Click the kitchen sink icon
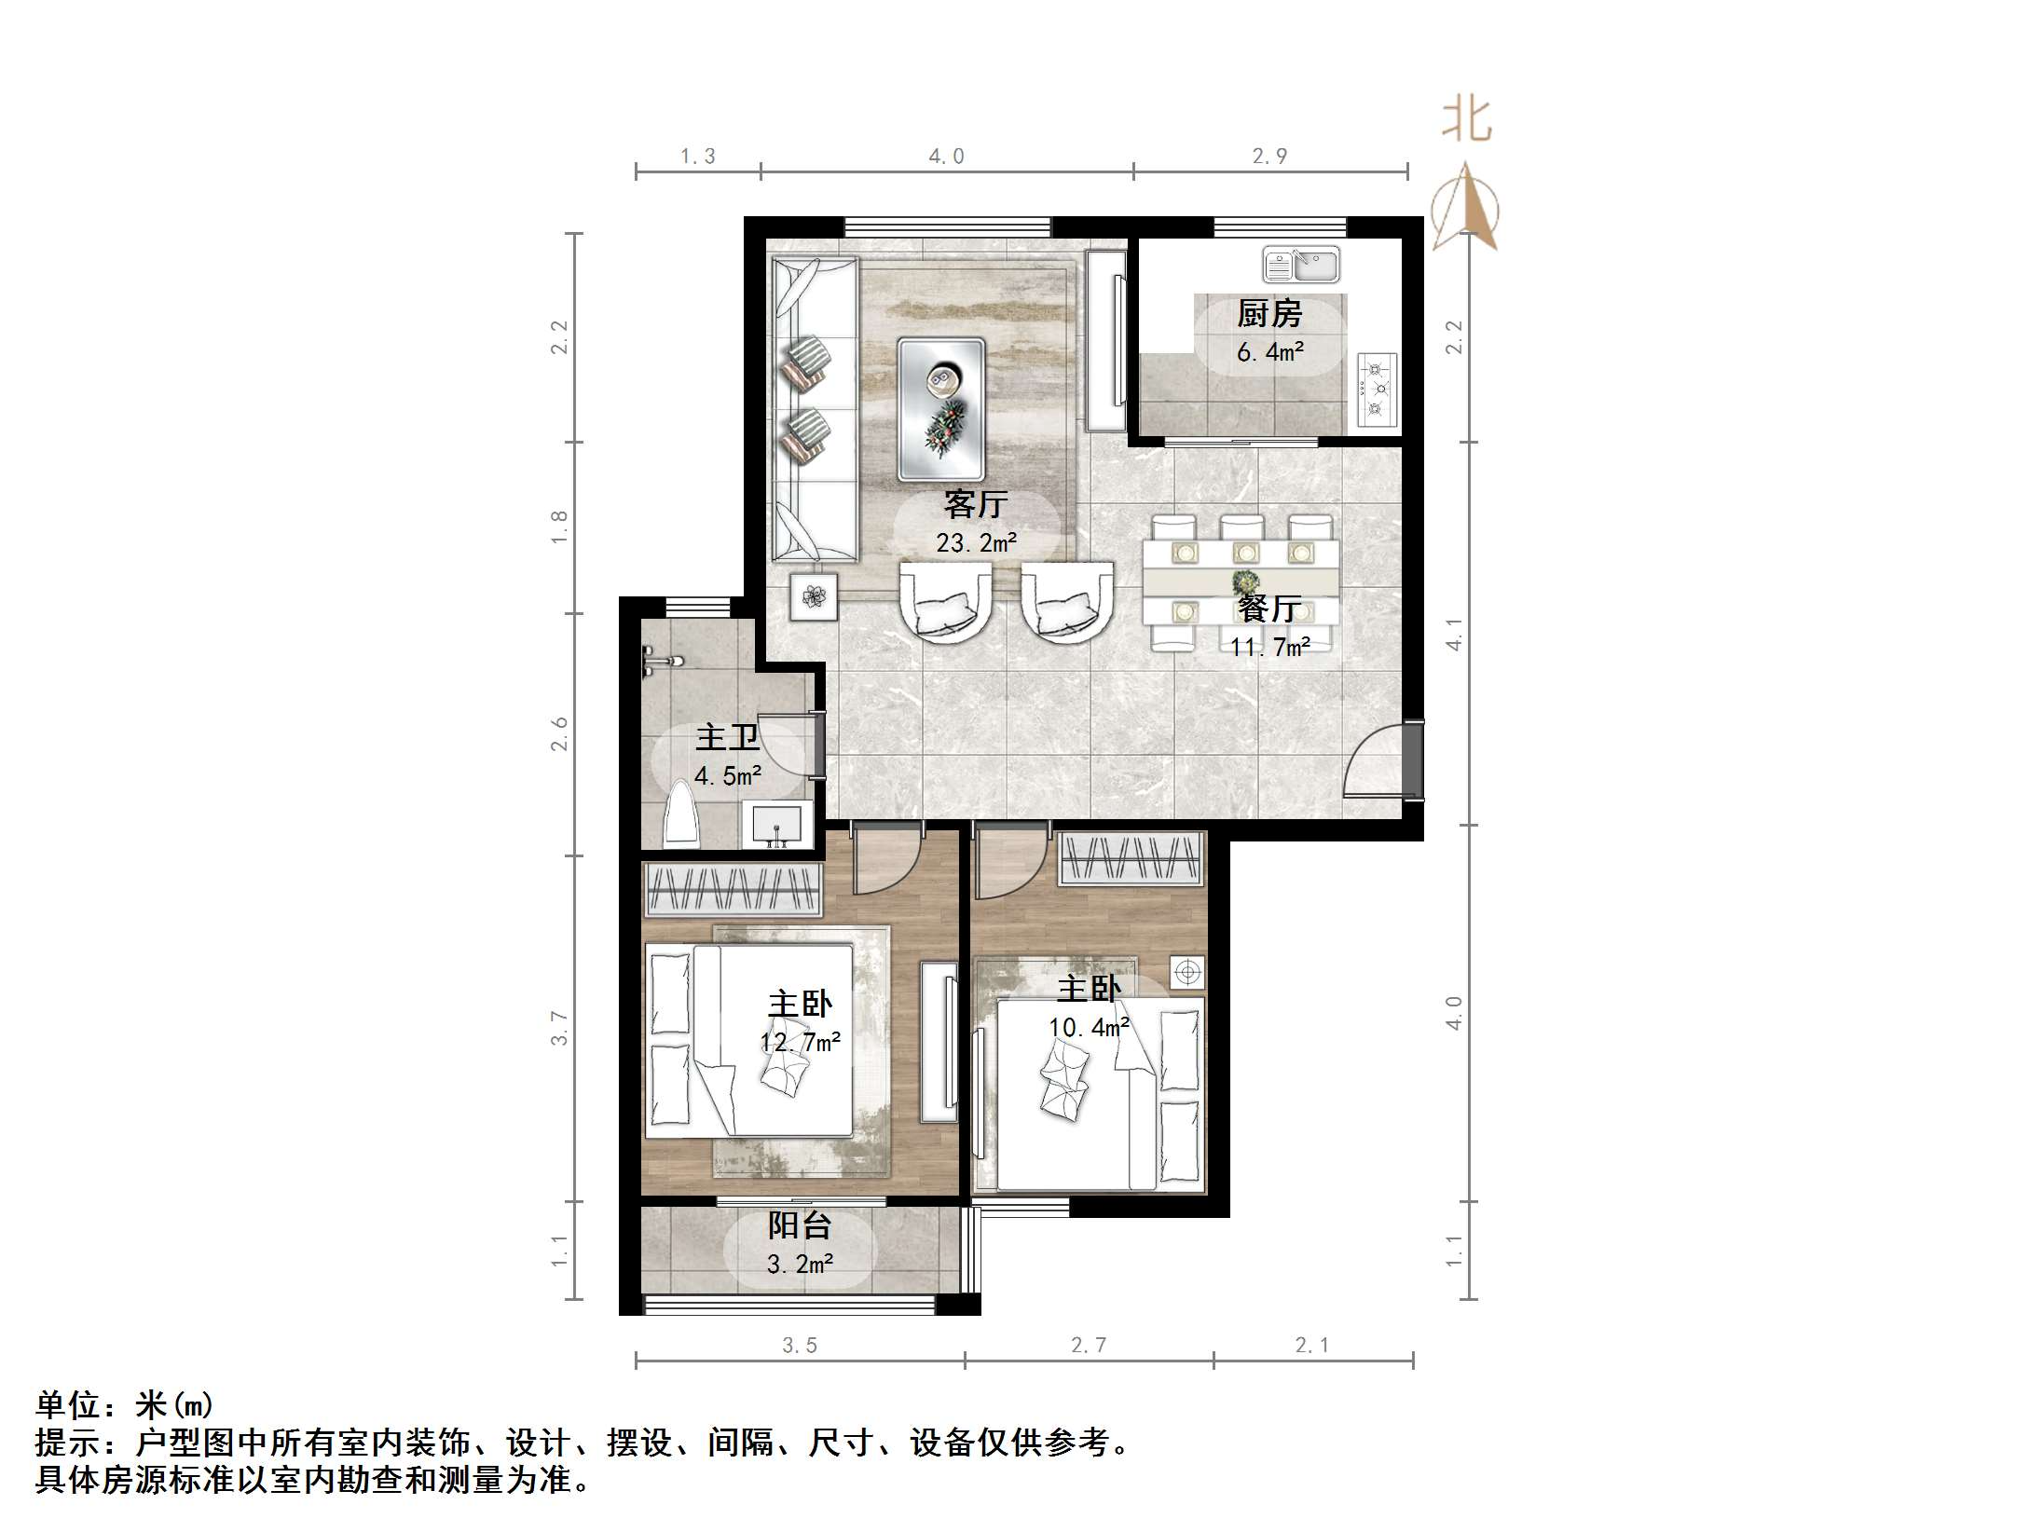pos(1301,265)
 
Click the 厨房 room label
pos(1268,315)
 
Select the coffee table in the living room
pos(940,408)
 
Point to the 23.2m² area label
pos(976,542)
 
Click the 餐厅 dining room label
pos(1268,609)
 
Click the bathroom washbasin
pos(775,825)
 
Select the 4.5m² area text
pos(728,775)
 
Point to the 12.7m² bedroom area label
pos(800,1042)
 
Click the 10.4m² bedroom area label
pos(1088,1027)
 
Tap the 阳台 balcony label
pos(799,1225)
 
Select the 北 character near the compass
pos(1467,121)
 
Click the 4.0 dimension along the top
pos(946,157)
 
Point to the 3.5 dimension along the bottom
pos(799,1345)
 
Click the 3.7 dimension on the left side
pos(558,1028)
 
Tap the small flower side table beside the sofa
pos(815,596)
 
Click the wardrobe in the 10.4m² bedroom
pos(1131,858)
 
